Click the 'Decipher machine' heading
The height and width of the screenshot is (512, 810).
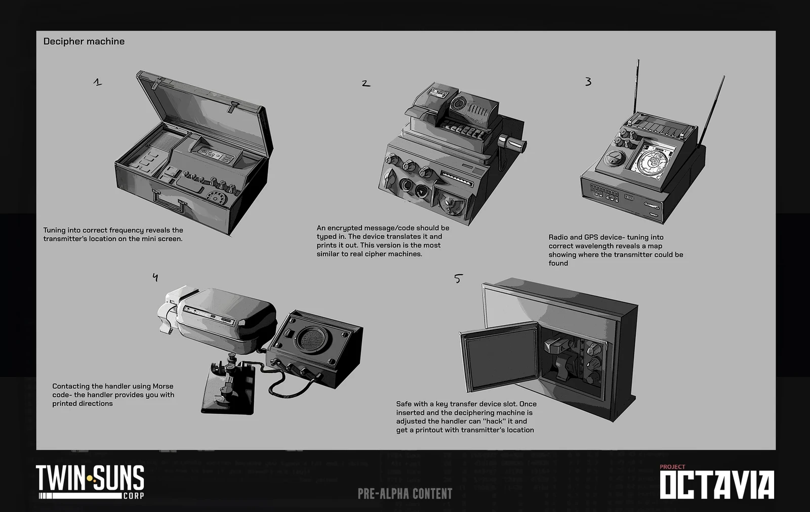[x=84, y=41]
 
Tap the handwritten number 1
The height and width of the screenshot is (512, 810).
[x=98, y=82]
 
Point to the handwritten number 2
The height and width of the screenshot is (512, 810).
[x=366, y=83]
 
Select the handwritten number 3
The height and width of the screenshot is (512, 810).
[x=588, y=81]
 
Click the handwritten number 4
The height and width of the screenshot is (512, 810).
[x=155, y=277]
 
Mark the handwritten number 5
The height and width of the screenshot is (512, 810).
[x=458, y=279]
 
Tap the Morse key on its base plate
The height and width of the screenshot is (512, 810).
[x=228, y=387]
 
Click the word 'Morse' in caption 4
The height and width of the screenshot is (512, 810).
[x=163, y=386]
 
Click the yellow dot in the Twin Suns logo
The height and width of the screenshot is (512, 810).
[x=90, y=479]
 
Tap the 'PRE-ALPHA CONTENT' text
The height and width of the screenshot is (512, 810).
[x=405, y=494]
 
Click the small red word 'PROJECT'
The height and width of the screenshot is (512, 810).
[x=672, y=467]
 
